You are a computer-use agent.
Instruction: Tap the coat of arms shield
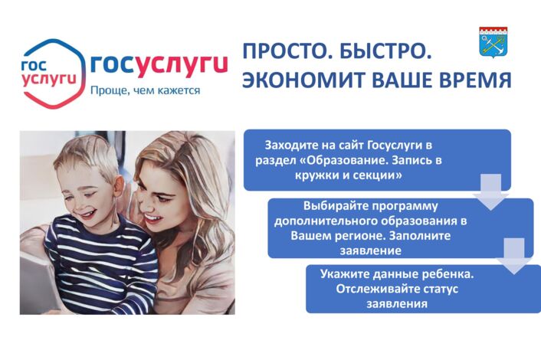[493, 42]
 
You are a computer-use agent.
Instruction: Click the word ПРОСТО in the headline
[286, 52]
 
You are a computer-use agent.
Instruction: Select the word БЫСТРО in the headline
[385, 52]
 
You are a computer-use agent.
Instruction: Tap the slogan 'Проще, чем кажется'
[145, 91]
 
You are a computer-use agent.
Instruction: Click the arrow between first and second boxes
[491, 191]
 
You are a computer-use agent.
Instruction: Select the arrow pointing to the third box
[514, 256]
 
